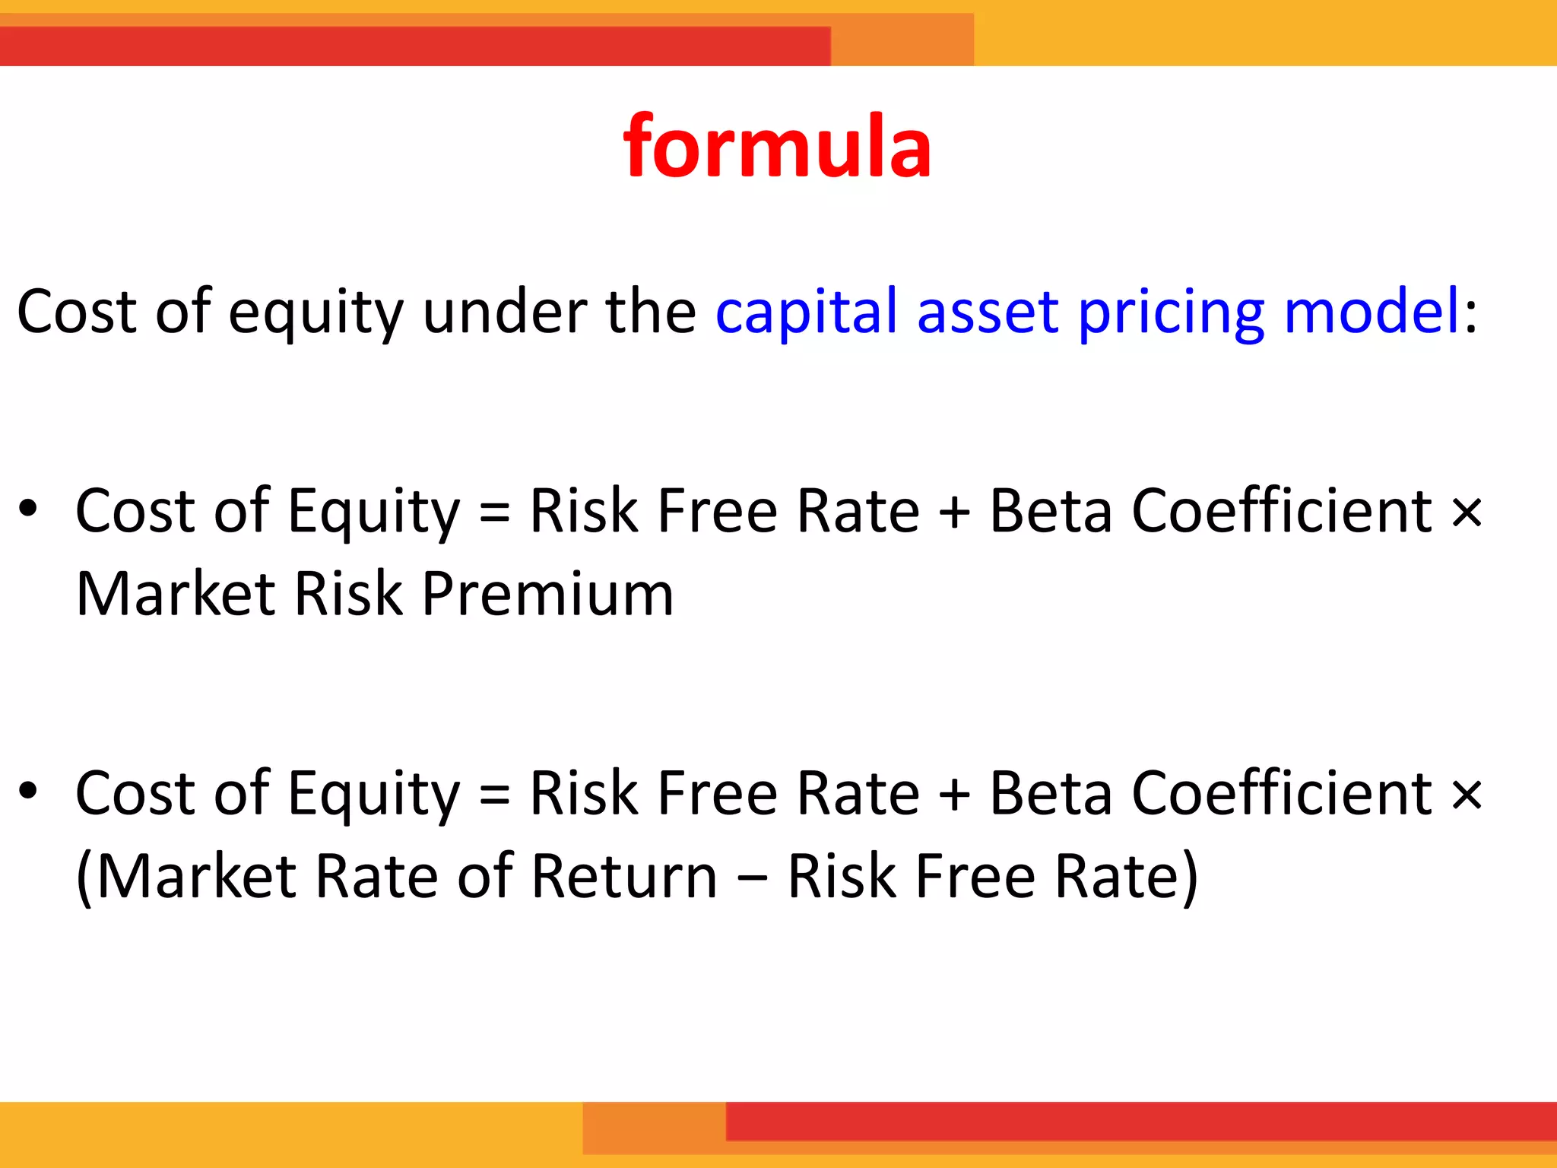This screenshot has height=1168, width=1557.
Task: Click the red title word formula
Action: click(777, 146)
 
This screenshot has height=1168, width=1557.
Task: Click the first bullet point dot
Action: click(28, 509)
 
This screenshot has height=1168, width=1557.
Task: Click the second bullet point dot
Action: click(28, 791)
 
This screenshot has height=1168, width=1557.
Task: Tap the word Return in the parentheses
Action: click(624, 876)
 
